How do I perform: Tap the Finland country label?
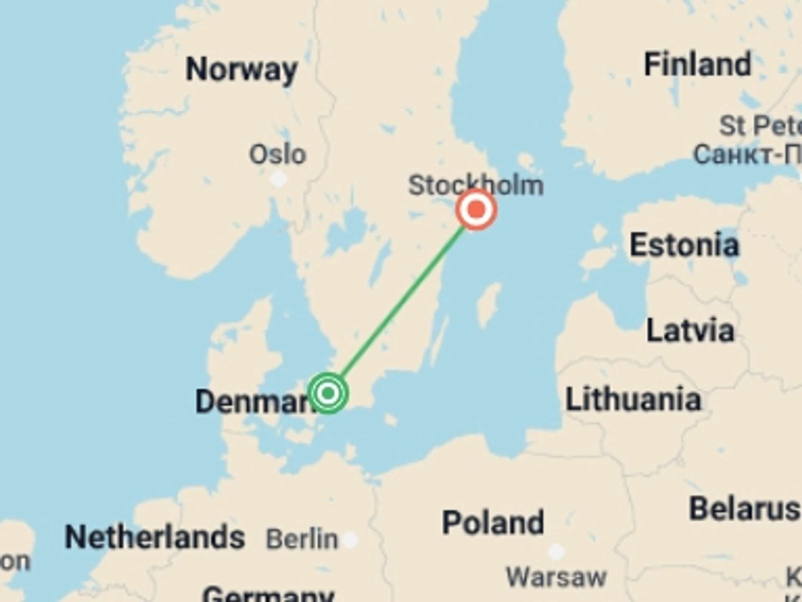click(698, 64)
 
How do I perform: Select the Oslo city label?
click(277, 154)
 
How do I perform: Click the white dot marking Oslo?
click(278, 179)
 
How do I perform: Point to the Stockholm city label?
click(476, 185)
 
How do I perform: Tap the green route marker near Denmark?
click(328, 393)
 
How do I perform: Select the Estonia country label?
click(684, 245)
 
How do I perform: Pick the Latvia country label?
click(690, 330)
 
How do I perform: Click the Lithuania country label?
click(633, 399)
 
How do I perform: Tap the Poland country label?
click(493, 522)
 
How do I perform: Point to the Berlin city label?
click(302, 539)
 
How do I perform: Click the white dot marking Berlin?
click(350, 539)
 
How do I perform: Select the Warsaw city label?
click(556, 577)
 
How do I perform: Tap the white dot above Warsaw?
click(556, 551)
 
